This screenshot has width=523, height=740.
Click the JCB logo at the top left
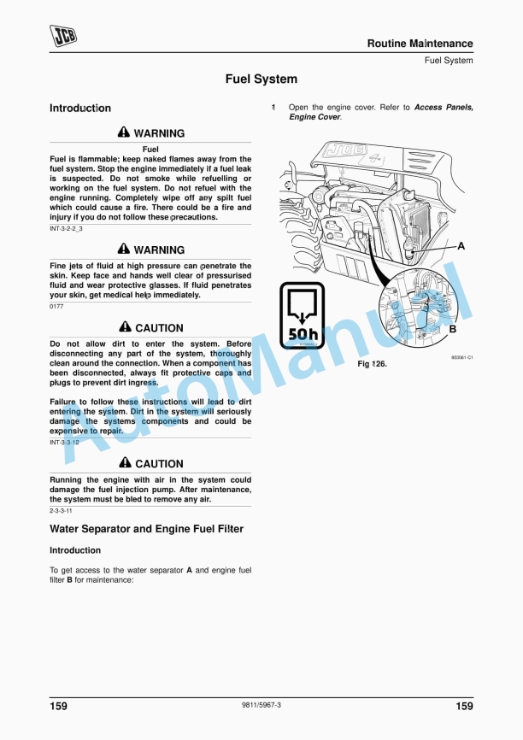62,37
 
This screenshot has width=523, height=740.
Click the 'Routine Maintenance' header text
420,44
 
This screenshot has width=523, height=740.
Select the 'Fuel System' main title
261,79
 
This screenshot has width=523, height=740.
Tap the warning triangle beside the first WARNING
124,133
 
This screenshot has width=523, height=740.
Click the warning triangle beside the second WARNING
124,250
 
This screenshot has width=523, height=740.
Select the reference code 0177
56,306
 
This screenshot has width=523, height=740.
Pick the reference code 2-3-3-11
62,510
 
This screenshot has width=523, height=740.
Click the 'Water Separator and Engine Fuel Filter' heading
146,530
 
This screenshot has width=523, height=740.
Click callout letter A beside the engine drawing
461,246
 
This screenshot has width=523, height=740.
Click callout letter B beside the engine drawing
453,329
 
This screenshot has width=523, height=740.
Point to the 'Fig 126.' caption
372,364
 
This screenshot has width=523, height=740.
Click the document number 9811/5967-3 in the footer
261,705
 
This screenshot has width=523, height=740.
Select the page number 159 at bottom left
59,706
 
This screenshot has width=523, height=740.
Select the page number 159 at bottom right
464,706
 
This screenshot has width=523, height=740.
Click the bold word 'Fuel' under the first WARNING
150,150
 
